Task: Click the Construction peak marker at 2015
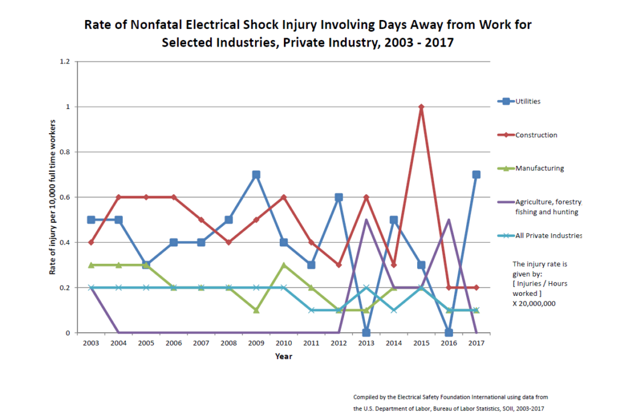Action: (x=421, y=107)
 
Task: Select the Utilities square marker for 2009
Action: (x=256, y=175)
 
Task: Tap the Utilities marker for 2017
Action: (x=476, y=175)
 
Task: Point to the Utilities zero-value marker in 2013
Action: (x=366, y=332)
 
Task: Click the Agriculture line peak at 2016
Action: (x=448, y=220)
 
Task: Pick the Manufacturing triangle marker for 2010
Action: (x=284, y=265)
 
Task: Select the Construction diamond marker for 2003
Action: (x=91, y=243)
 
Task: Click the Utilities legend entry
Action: (x=527, y=101)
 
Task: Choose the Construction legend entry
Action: (x=535, y=135)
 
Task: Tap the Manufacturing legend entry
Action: (x=539, y=168)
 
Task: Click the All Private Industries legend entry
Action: (x=548, y=235)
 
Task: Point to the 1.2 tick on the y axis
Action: (x=65, y=62)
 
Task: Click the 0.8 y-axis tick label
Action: (x=65, y=152)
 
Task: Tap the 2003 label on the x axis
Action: (x=91, y=343)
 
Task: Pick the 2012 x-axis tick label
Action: (x=338, y=343)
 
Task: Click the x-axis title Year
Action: (x=283, y=356)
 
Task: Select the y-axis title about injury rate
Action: (x=53, y=197)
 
